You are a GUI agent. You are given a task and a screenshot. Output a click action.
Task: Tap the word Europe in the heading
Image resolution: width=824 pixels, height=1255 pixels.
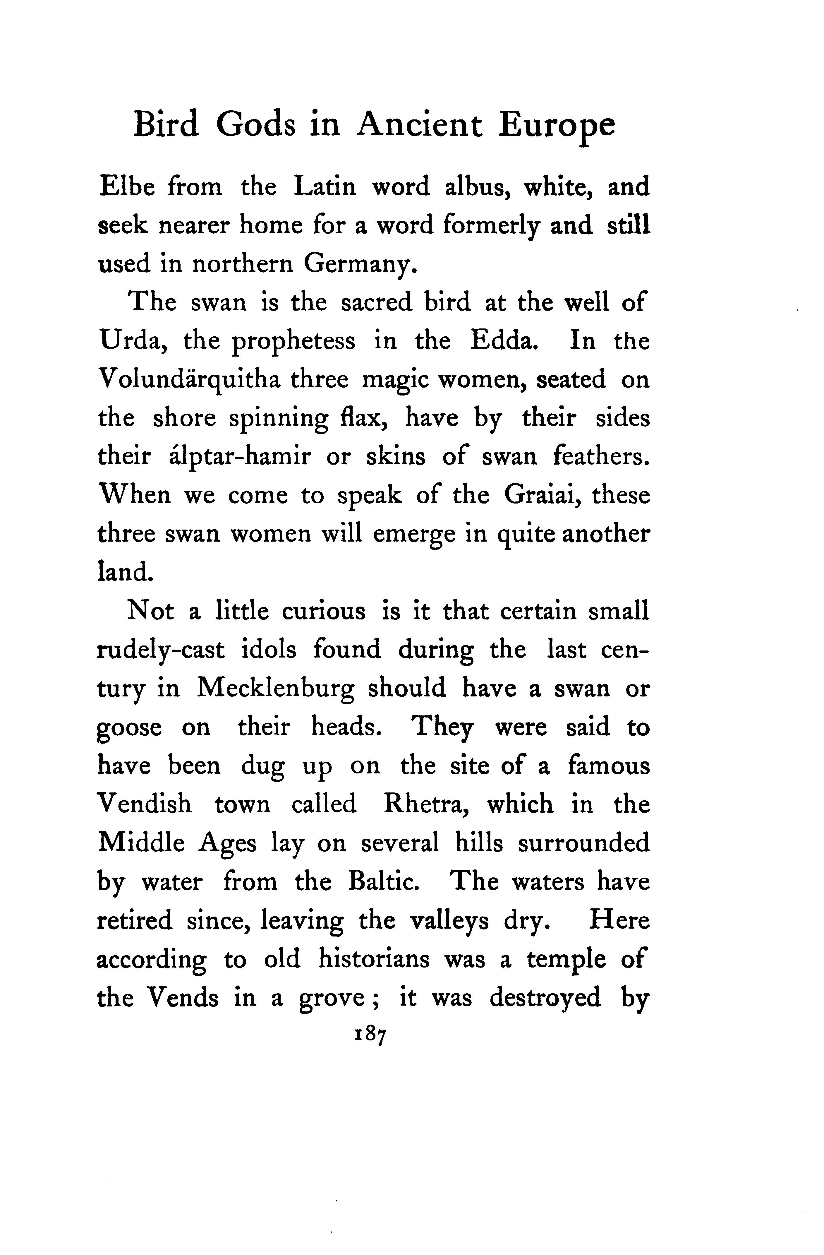click(x=557, y=126)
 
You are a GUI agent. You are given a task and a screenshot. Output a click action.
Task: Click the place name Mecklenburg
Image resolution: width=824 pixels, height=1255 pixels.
click(x=276, y=689)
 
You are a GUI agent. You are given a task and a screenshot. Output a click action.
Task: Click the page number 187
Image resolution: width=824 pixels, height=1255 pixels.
click(x=371, y=1035)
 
